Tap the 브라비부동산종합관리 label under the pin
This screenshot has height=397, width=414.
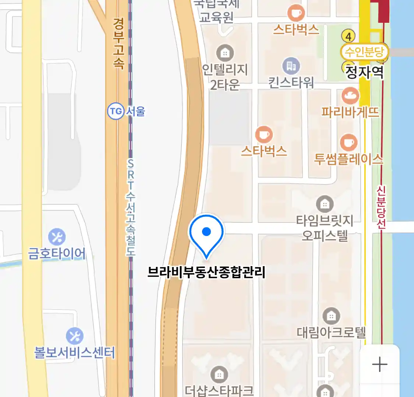(206, 272)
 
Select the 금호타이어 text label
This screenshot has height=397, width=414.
(57, 254)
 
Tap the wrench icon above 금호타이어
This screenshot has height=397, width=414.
(57, 237)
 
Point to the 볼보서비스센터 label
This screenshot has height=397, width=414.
(74, 353)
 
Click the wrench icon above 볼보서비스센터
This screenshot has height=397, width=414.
(74, 336)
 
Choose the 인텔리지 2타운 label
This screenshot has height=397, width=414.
(225, 77)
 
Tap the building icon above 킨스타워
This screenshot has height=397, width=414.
(291, 66)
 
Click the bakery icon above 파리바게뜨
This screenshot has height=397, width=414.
(350, 96)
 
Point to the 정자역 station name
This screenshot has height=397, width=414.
(364, 72)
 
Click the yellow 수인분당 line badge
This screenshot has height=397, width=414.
(364, 52)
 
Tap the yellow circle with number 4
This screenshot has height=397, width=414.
(348, 36)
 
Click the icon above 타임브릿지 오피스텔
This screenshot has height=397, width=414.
(325, 204)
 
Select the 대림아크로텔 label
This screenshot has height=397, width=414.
(331, 333)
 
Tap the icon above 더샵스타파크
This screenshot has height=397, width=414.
(219, 375)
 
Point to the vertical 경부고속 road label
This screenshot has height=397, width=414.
(118, 43)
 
